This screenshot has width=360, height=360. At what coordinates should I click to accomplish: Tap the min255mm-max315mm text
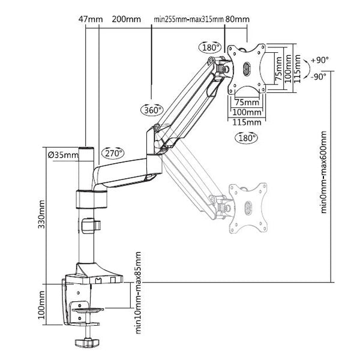coord(189,19)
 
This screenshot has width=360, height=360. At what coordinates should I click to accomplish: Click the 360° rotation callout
coord(152,110)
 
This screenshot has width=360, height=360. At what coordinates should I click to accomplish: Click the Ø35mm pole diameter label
coord(62,155)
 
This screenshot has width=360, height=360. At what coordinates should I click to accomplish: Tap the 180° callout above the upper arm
coord(211,47)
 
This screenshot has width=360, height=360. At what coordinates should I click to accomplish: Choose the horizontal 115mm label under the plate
coord(246,122)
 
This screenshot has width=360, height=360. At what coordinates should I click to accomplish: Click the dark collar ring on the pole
coord(91,199)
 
